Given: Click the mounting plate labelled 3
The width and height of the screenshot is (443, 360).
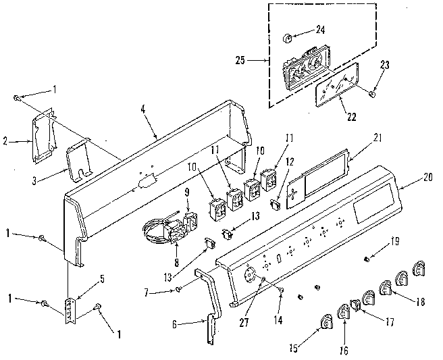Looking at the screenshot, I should [x=80, y=160].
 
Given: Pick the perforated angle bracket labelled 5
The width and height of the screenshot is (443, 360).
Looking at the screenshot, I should [x=69, y=311].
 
